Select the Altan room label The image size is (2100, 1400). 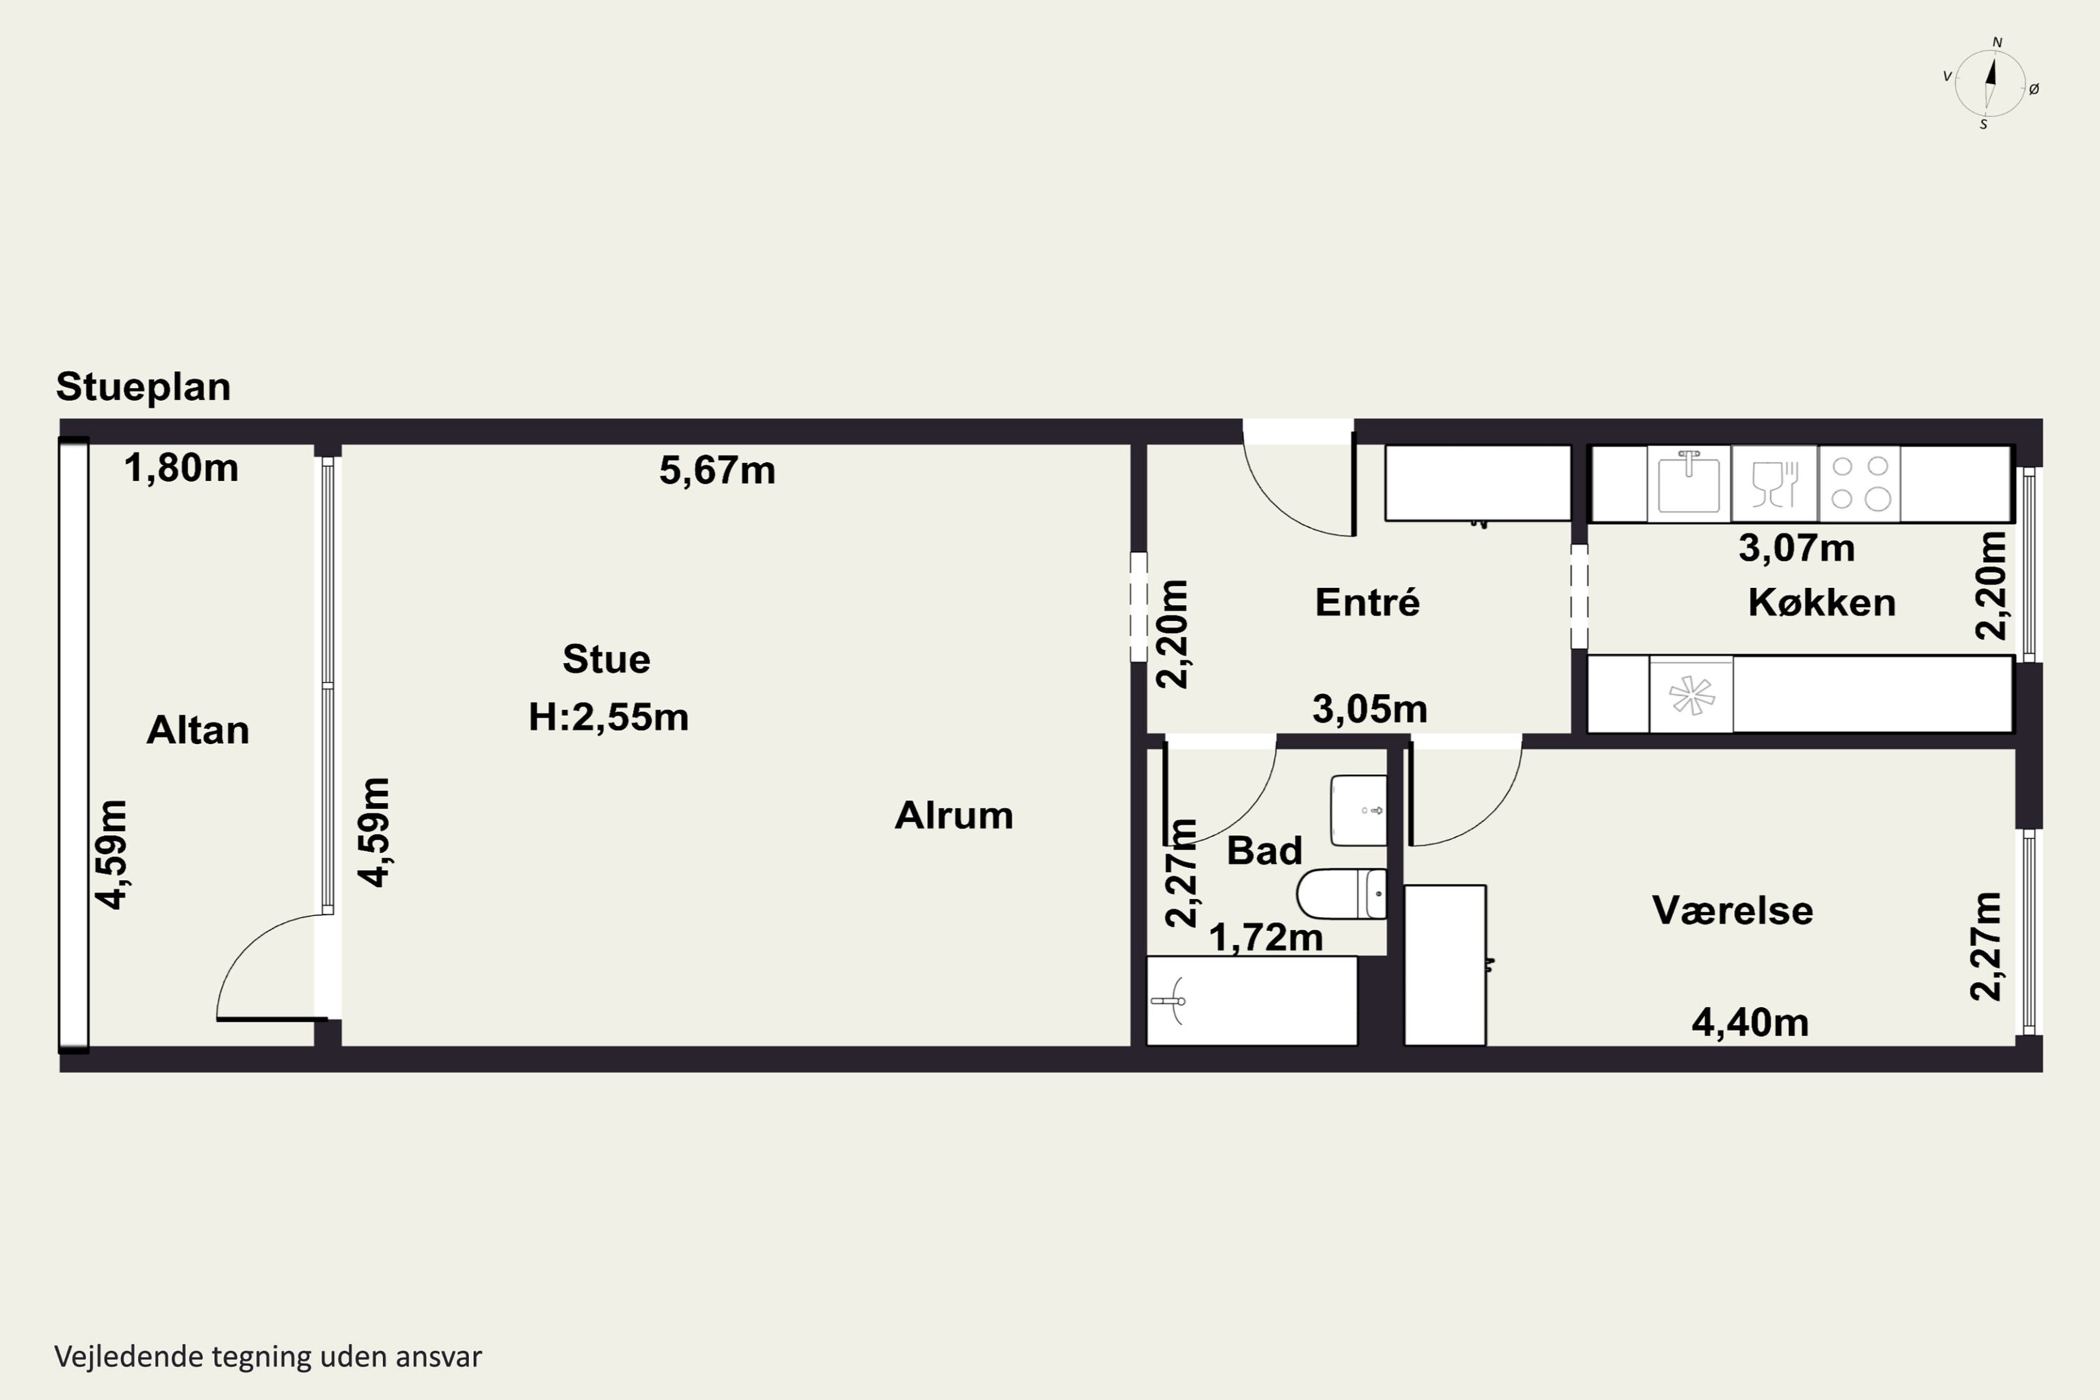pos(197,730)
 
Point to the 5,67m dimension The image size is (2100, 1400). pos(717,470)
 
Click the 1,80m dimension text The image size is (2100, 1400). pos(181,468)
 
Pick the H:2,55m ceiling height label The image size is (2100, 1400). pos(608,717)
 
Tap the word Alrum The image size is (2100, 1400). pos(953,815)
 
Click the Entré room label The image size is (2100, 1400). pos(1367,602)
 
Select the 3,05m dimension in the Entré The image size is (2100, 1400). pos(1370,709)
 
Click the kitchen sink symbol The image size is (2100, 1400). pos(1688,483)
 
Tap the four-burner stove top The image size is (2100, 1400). pos(1859,483)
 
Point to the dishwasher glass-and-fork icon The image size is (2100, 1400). pos(1774,483)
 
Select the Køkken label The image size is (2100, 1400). pos(1821,603)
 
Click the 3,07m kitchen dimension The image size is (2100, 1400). pos(1796,547)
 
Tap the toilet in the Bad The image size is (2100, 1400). pos(1342,893)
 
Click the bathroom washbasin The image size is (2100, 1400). pos(1359,810)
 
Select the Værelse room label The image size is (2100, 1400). pos(1732,911)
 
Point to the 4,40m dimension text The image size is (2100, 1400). pos(1750,1022)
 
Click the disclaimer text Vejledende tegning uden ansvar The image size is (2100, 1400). pos(268,1357)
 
